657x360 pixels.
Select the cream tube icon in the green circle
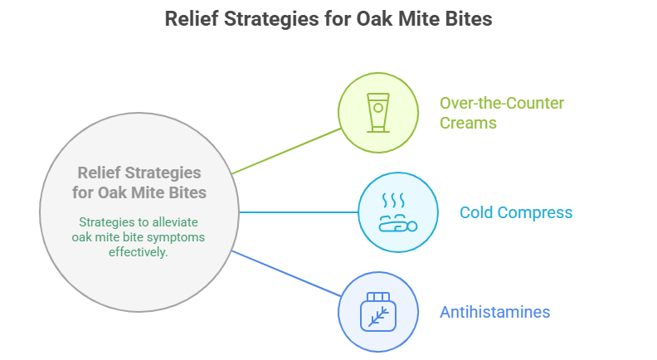pyautogui.click(x=378, y=113)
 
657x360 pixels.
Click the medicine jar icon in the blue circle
pyautogui.click(x=378, y=312)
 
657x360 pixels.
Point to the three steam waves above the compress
pyautogui.click(x=393, y=201)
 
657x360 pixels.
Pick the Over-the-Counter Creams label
pyautogui.click(x=502, y=113)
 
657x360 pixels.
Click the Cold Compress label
pyautogui.click(x=516, y=212)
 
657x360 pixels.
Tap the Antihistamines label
pyautogui.click(x=495, y=312)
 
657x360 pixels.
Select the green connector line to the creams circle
pyautogui.click(x=286, y=151)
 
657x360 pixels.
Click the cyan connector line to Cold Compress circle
pyautogui.click(x=299, y=212)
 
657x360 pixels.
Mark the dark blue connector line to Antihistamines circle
pyautogui.click(x=286, y=274)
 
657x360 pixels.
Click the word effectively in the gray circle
pyautogui.click(x=139, y=252)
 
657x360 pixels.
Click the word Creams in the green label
pyautogui.click(x=468, y=124)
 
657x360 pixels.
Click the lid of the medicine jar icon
pyautogui.click(x=378, y=297)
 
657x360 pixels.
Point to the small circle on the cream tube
pyautogui.click(x=378, y=108)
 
